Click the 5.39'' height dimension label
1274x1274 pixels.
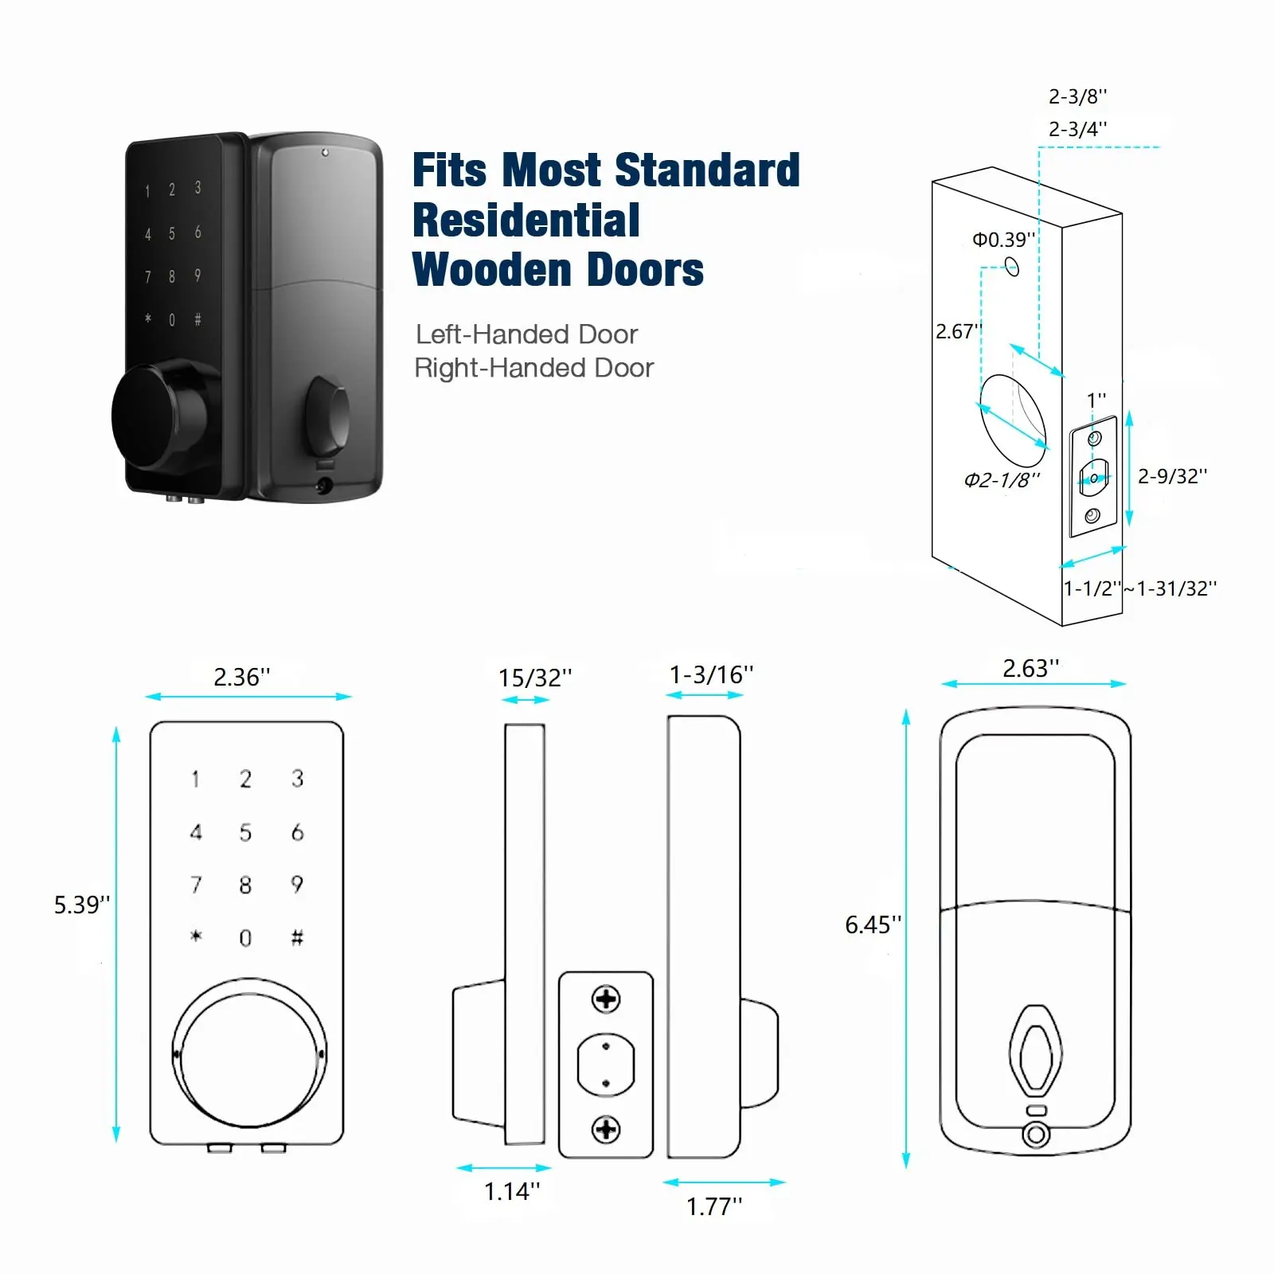tap(81, 905)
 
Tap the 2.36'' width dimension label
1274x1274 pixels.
tap(242, 677)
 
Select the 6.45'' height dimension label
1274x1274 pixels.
tap(873, 924)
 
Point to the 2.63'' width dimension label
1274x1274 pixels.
tap(1030, 668)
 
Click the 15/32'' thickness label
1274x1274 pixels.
tap(535, 678)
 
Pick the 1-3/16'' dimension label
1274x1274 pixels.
tap(711, 674)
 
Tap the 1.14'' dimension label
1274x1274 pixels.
tap(512, 1191)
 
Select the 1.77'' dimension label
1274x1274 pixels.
tap(714, 1206)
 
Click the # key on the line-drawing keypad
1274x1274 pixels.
tap(297, 937)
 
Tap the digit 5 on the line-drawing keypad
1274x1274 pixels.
tap(245, 832)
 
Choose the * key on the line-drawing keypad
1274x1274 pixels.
tap(196, 936)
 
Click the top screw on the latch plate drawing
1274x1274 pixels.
tap(606, 998)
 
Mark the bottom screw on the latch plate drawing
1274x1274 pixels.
tap(606, 1129)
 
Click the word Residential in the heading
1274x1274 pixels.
tap(526, 221)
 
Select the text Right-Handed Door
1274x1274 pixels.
tap(533, 368)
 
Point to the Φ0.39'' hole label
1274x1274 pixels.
tap(1003, 240)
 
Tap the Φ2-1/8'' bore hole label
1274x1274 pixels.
tap(1002, 479)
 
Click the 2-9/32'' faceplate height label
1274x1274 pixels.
tap(1172, 476)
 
